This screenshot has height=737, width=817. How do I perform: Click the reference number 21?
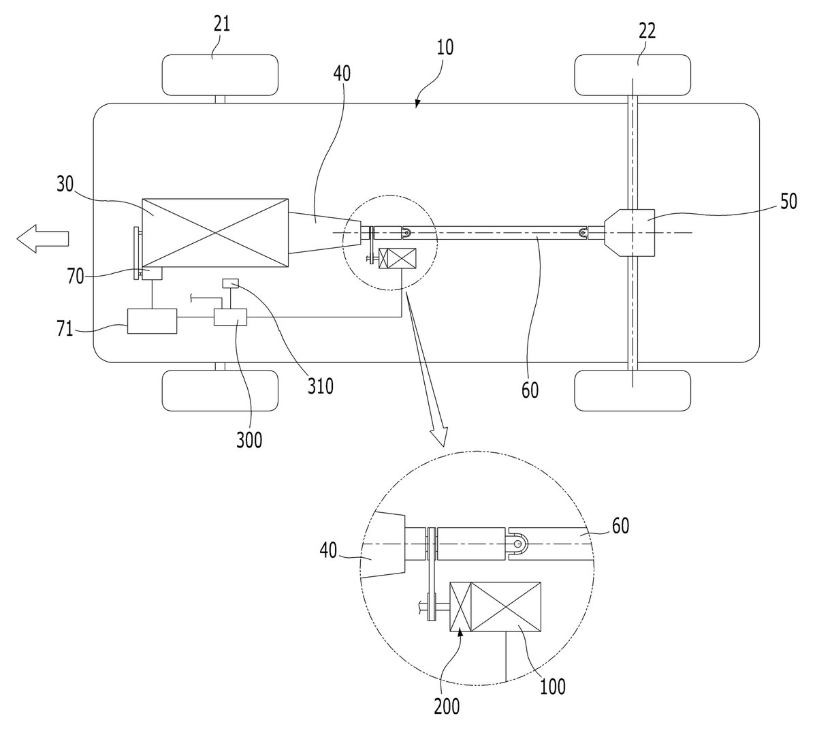click(222, 25)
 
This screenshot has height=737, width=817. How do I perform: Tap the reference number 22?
click(647, 31)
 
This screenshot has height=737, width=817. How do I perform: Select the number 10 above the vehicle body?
click(445, 47)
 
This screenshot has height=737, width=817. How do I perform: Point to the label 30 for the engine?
click(65, 184)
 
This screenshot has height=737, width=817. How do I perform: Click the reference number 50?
click(788, 202)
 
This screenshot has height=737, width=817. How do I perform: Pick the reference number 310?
click(321, 386)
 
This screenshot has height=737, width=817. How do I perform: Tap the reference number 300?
click(249, 440)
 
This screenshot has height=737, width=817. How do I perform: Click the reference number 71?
click(65, 329)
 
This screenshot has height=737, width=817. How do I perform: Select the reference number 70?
click(76, 277)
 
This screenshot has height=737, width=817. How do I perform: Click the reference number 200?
click(447, 706)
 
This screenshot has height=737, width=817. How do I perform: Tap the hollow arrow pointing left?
click(42, 238)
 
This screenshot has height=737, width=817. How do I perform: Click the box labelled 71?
click(153, 322)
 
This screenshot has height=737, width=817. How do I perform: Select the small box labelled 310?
click(230, 283)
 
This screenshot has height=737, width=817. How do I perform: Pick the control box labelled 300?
click(231, 317)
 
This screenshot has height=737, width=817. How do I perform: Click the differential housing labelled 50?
click(630, 233)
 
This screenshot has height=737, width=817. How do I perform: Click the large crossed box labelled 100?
click(506, 607)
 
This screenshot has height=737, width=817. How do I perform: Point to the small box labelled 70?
click(152, 274)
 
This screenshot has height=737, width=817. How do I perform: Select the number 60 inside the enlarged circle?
click(620, 526)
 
